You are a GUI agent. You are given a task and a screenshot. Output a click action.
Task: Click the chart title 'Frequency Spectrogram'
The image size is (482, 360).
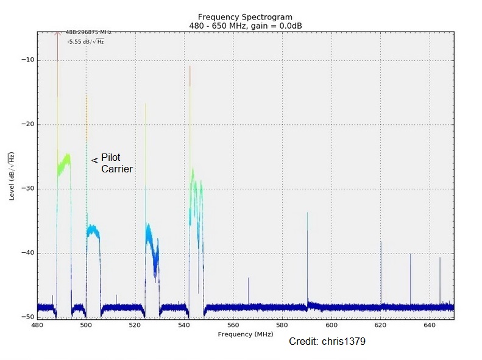pyautogui.click(x=241, y=16)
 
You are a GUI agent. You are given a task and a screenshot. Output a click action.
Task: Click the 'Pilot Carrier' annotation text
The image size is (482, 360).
pyautogui.click(x=116, y=163)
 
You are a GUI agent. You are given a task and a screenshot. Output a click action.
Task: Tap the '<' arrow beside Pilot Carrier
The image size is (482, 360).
pyautogui.click(x=94, y=160)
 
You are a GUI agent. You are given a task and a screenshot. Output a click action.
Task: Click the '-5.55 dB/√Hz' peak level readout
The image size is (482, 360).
pyautogui.click(x=85, y=41)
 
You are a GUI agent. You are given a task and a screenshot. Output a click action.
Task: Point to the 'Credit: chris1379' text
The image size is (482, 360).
pyautogui.click(x=327, y=342)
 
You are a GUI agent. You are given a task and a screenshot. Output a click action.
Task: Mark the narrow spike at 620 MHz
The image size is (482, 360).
pyautogui.click(x=381, y=268)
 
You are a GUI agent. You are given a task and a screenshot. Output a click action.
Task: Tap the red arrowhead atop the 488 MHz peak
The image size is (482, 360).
pyautogui.click(x=57, y=34)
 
